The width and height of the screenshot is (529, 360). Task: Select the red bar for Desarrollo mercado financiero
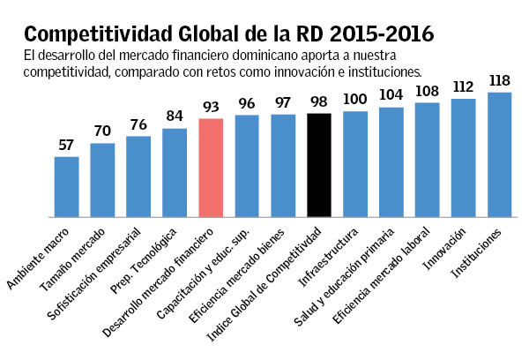click(x=211, y=168)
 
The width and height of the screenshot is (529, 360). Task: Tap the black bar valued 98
click(x=319, y=165)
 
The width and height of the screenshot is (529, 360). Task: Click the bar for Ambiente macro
click(x=66, y=186)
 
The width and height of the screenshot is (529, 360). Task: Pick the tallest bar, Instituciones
click(x=500, y=154)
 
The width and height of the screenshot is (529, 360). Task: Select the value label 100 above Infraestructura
click(x=355, y=100)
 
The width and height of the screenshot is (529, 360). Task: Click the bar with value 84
click(x=175, y=172)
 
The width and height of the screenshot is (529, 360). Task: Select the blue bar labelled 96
click(x=247, y=166)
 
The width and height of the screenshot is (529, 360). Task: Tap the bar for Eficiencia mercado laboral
click(x=428, y=160)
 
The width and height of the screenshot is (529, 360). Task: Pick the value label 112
click(x=464, y=86)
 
